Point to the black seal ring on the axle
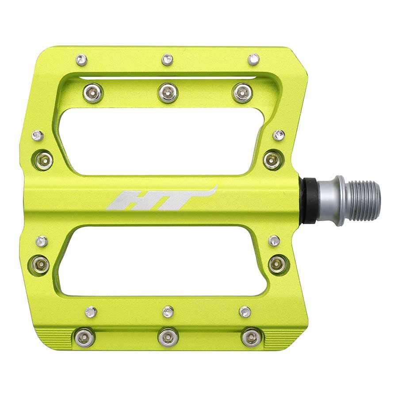(x=310, y=200)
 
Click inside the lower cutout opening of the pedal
(x=164, y=261)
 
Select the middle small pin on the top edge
(x=167, y=59)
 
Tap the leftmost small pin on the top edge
(x=81, y=59)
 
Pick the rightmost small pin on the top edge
(x=253, y=59)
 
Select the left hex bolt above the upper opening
(x=93, y=92)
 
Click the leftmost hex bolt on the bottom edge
(x=85, y=337)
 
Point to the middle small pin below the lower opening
(x=168, y=311)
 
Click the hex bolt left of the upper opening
(x=44, y=161)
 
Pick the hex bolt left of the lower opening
(x=41, y=264)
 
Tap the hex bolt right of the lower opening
(x=277, y=264)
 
